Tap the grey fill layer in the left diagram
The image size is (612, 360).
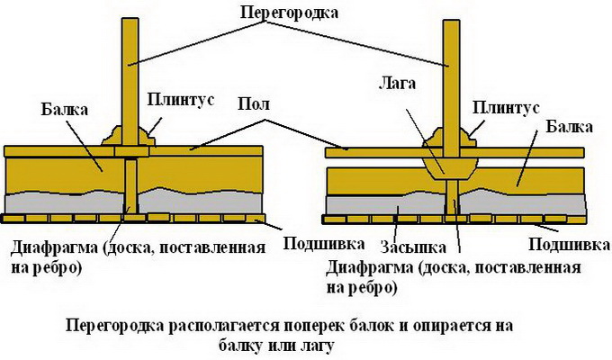point(63,205)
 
